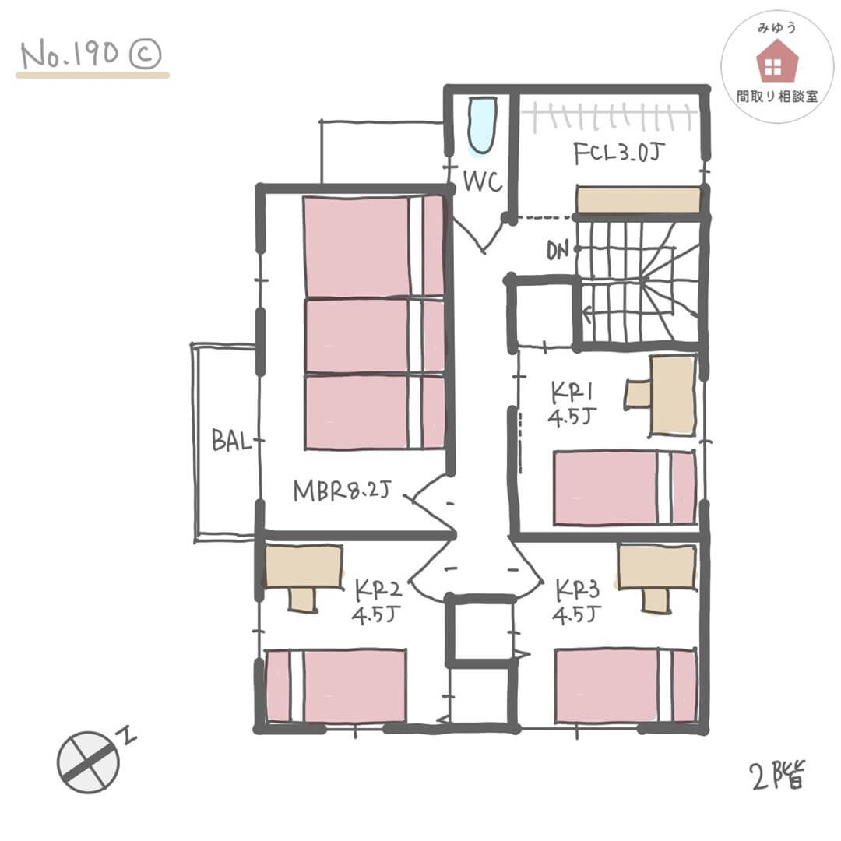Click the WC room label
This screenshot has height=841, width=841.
483,181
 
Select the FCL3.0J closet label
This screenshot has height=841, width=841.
619,154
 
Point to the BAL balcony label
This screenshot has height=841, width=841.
231,442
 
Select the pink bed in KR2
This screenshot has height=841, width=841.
336,686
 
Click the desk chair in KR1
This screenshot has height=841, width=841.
638,393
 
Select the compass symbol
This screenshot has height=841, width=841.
89,762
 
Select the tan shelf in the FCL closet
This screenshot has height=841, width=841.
638,199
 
